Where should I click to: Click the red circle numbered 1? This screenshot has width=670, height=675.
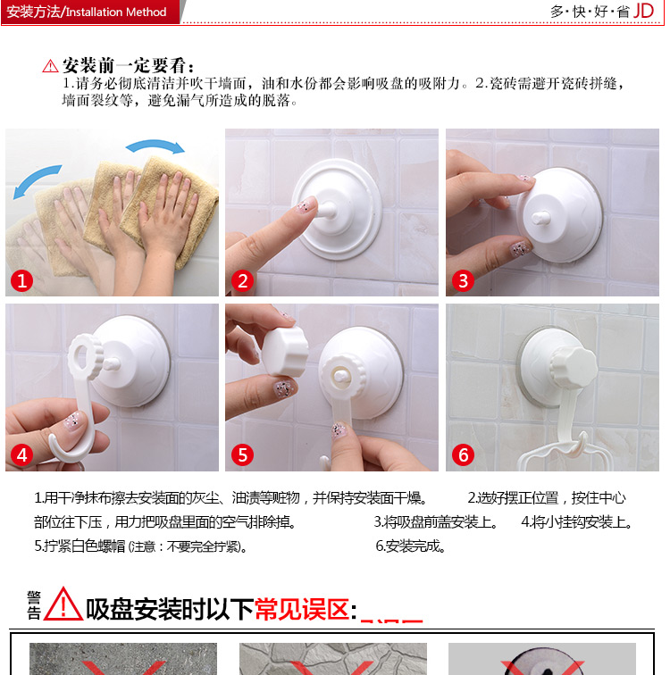pyautogui.click(x=21, y=281)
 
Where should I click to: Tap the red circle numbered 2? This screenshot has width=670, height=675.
pyautogui.click(x=242, y=281)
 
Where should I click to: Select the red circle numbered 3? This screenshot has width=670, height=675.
pyautogui.click(x=463, y=281)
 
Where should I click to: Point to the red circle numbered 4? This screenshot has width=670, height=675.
pyautogui.click(x=21, y=455)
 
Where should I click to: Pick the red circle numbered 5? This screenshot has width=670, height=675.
pyautogui.click(x=242, y=455)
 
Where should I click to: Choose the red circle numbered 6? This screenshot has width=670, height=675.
pyautogui.click(x=463, y=455)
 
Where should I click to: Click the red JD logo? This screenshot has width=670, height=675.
pyautogui.click(x=643, y=11)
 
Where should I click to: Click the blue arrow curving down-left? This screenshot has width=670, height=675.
pyautogui.click(x=37, y=180)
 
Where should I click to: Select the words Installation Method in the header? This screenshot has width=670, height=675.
pyautogui.click(x=116, y=12)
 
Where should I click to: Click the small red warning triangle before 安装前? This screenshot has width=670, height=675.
pyautogui.click(x=50, y=66)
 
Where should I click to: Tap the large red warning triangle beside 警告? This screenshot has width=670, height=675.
pyautogui.click(x=63, y=604)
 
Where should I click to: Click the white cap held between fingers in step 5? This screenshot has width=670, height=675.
pyautogui.click(x=285, y=352)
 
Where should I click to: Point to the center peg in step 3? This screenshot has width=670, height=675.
pyautogui.click(x=540, y=217)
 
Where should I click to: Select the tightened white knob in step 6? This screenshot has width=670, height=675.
pyautogui.click(x=574, y=366)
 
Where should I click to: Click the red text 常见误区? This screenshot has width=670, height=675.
pyautogui.click(x=302, y=609)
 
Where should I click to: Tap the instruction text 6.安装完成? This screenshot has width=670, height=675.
pyautogui.click(x=410, y=546)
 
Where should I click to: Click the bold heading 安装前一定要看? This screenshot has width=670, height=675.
pyautogui.click(x=128, y=66)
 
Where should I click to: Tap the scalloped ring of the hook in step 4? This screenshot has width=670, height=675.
pyautogui.click(x=84, y=357)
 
